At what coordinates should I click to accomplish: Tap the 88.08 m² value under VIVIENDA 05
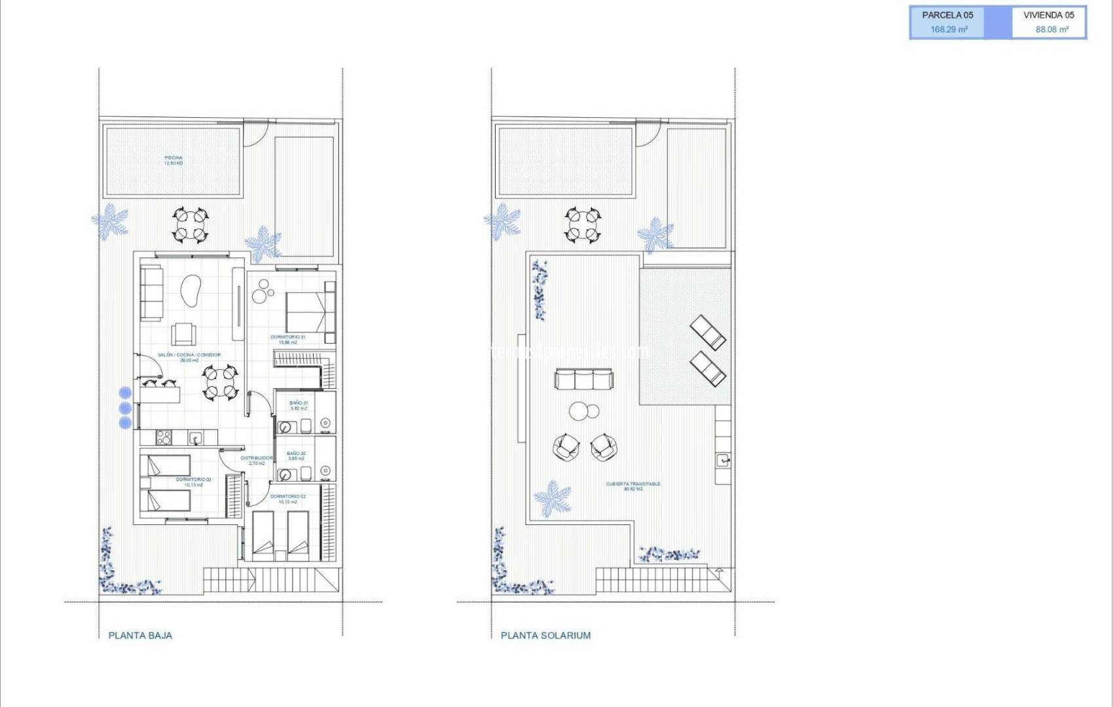(1051, 29)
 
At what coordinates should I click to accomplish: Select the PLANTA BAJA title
(140, 635)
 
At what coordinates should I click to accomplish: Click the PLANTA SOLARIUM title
(545, 635)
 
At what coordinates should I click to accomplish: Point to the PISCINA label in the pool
(173, 160)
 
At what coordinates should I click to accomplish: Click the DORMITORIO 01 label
(288, 339)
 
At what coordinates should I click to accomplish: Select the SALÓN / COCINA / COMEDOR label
(189, 357)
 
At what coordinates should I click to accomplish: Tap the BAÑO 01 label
(298, 405)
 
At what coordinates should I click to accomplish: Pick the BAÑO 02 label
(296, 456)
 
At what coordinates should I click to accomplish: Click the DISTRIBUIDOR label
(257, 460)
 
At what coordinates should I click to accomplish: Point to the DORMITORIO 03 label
(193, 482)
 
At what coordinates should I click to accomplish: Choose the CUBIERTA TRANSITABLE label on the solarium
(633, 486)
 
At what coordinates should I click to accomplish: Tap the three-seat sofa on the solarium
(585, 379)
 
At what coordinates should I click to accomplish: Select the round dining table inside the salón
(219, 383)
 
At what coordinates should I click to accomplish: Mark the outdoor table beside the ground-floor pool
(191, 225)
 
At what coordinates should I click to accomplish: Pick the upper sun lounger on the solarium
(708, 332)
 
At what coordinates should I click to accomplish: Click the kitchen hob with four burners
(163, 437)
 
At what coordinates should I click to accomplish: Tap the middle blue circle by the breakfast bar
(125, 408)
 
